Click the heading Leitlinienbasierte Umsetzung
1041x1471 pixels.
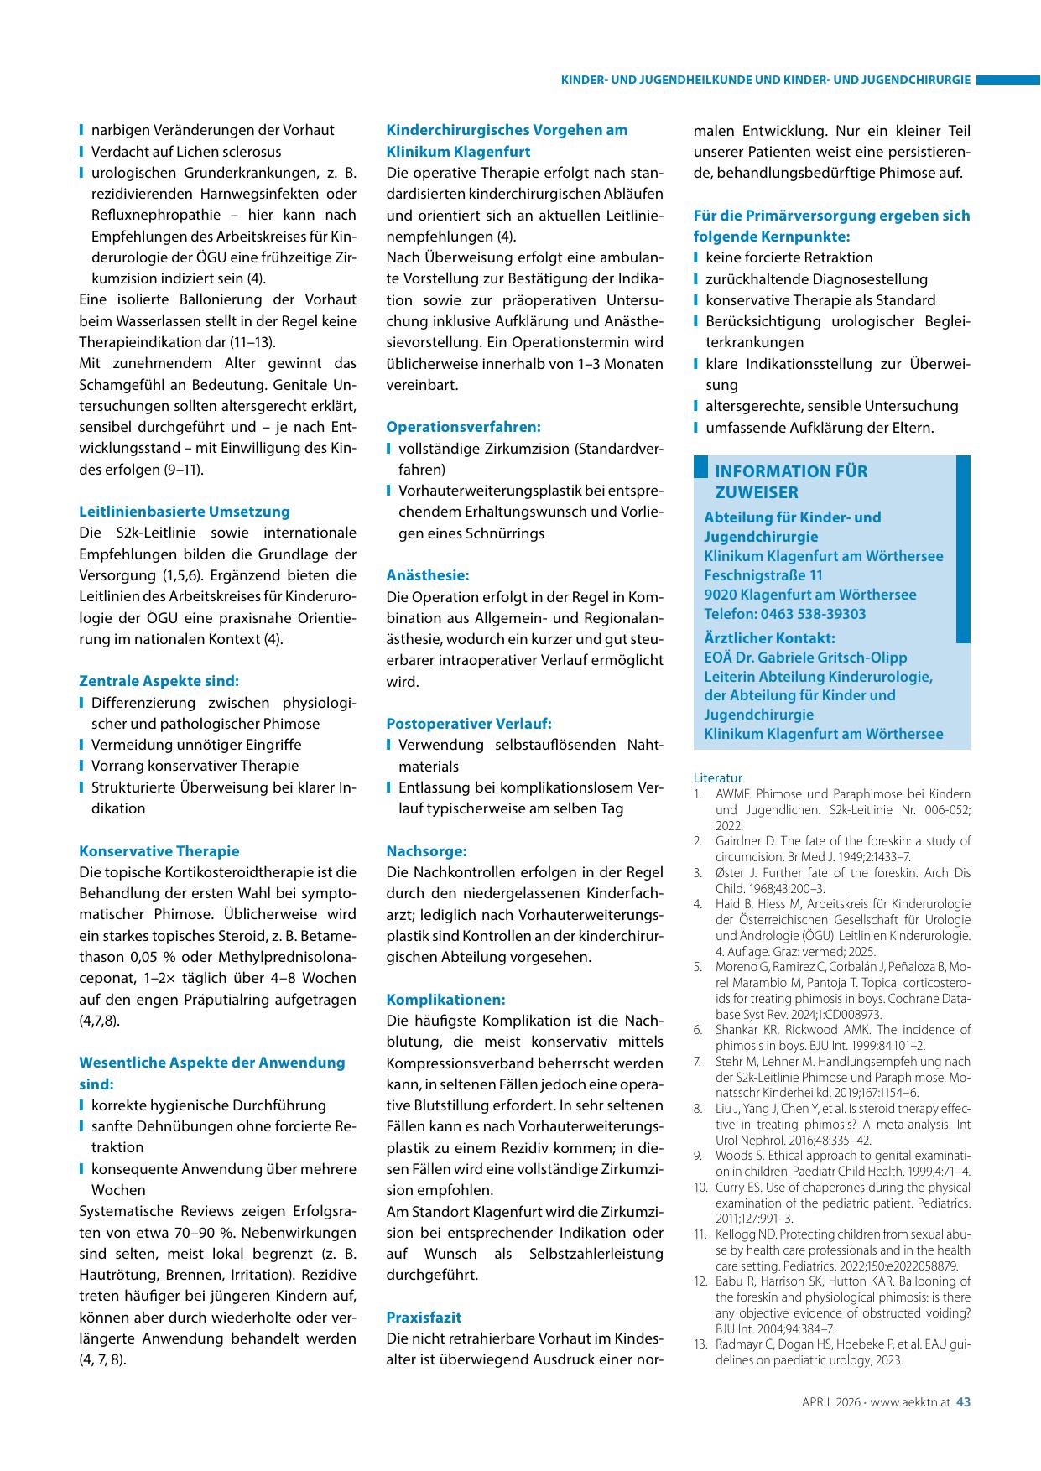point(184,512)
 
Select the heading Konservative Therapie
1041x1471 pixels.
point(159,851)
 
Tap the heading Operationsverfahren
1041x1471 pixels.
point(463,427)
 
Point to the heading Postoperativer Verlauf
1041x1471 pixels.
point(468,724)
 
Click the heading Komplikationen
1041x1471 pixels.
point(445,1000)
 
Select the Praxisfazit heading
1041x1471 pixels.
point(424,1318)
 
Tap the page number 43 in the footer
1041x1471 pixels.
point(963,1401)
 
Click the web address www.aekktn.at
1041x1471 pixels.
point(909,1401)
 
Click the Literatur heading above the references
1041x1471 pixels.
point(718,777)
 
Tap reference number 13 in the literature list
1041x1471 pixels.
point(700,1344)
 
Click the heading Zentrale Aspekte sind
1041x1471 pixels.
point(159,681)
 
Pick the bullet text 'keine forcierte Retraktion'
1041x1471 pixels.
point(789,257)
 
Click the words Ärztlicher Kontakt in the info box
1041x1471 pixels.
point(769,638)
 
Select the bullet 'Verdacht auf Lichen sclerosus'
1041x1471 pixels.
point(186,152)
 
